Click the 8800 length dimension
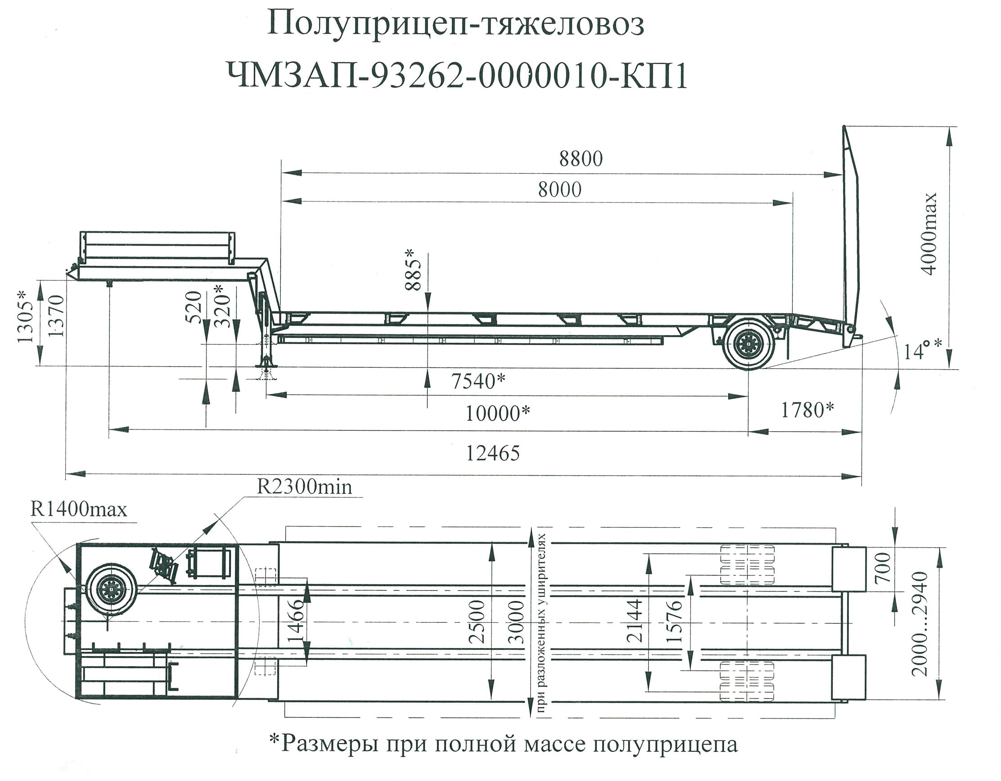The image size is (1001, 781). pos(581,159)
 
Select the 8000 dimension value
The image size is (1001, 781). pos(559,189)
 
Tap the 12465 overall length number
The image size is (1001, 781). pos(493,453)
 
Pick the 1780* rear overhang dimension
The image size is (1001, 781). pos(807,410)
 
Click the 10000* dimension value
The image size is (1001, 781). pos(498,413)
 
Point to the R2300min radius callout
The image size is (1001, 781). pos(304,486)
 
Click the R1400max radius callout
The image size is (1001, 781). pos(78,509)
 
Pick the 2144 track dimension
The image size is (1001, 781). pos(635,620)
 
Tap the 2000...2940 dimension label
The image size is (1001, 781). pos(920,624)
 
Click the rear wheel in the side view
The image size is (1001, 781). pos(748,344)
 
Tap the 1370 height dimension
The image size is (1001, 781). pos(55,316)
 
